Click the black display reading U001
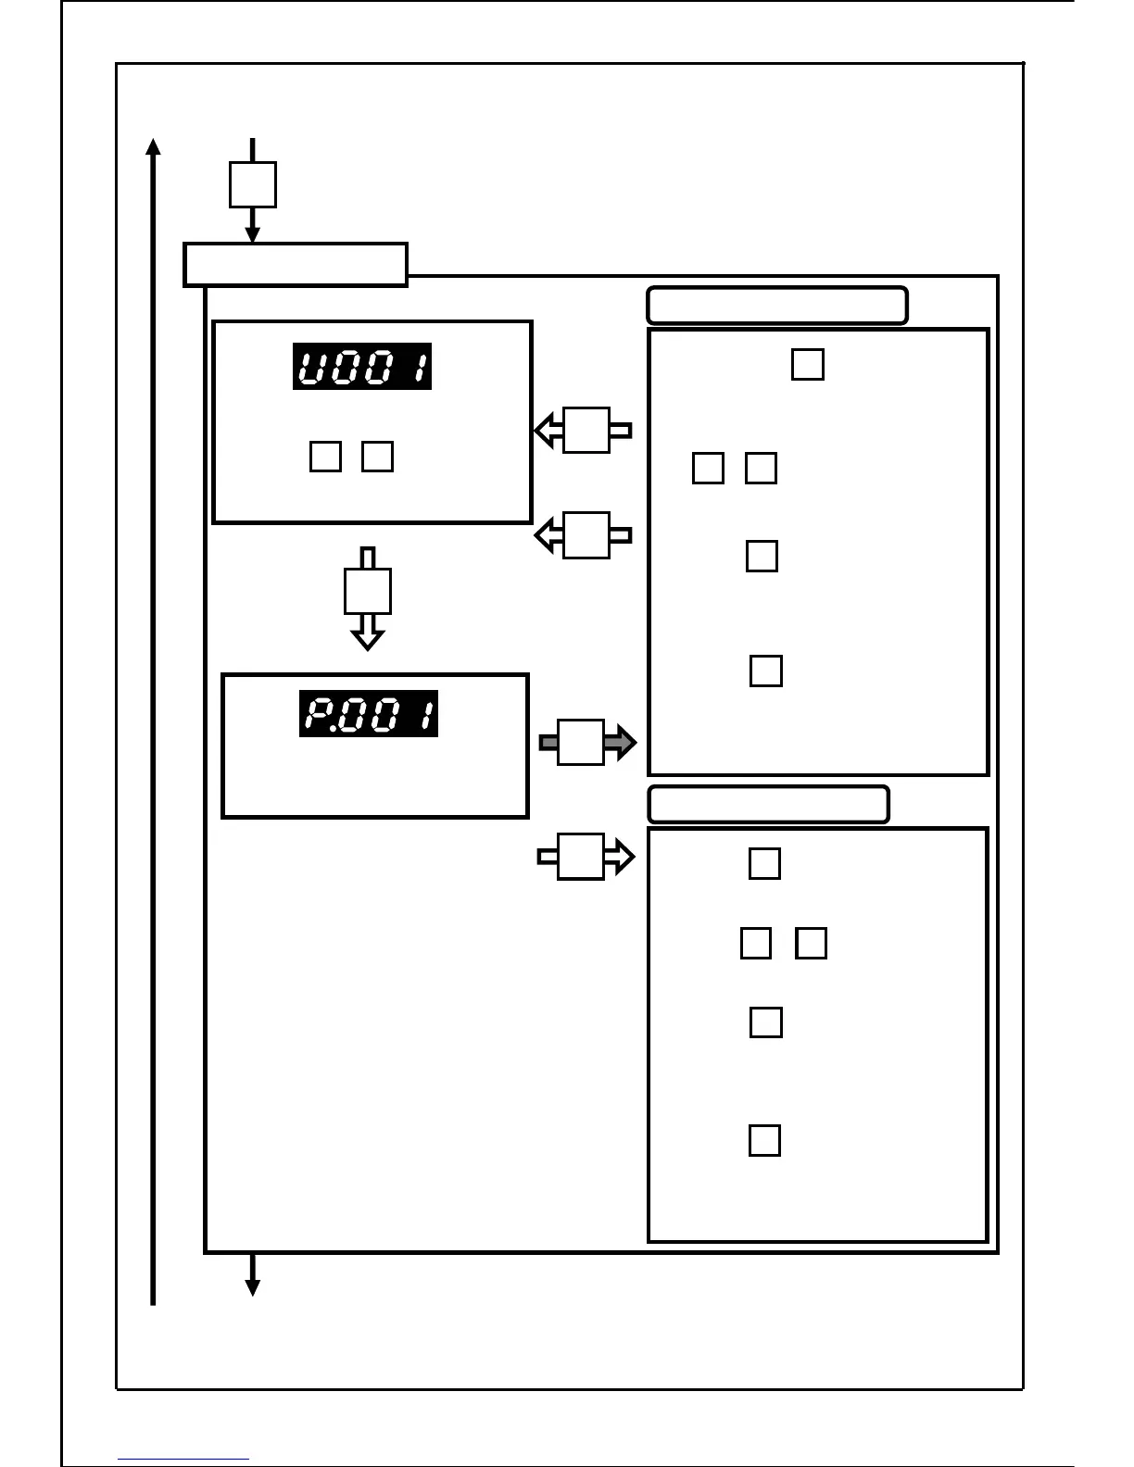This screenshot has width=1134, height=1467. (x=362, y=367)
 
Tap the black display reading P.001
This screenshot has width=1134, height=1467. (x=368, y=714)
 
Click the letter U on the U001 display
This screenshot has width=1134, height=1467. (x=311, y=368)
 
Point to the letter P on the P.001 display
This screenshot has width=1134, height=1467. (x=317, y=715)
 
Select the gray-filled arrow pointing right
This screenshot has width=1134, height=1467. (x=587, y=742)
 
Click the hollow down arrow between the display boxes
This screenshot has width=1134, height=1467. (x=368, y=597)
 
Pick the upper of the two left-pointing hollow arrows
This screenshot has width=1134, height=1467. (x=584, y=430)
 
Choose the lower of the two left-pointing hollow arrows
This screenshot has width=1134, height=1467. (x=584, y=534)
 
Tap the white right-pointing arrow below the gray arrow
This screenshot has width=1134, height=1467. (x=586, y=857)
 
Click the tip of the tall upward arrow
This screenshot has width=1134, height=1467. (x=154, y=144)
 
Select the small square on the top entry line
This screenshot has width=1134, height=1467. (x=252, y=184)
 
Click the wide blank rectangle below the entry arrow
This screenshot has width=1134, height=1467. (x=296, y=265)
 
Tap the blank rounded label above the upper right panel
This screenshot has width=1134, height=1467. (x=776, y=306)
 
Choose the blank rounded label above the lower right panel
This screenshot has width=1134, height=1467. (x=768, y=804)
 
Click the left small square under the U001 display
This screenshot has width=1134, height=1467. (x=325, y=457)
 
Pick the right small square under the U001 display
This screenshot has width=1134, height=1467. (x=377, y=457)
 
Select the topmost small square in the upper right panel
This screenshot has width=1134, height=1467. (x=808, y=364)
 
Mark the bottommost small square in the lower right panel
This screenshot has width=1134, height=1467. (x=764, y=1140)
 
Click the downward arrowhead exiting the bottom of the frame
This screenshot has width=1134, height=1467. (x=252, y=1287)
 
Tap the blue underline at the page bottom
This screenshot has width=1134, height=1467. (x=183, y=1460)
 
